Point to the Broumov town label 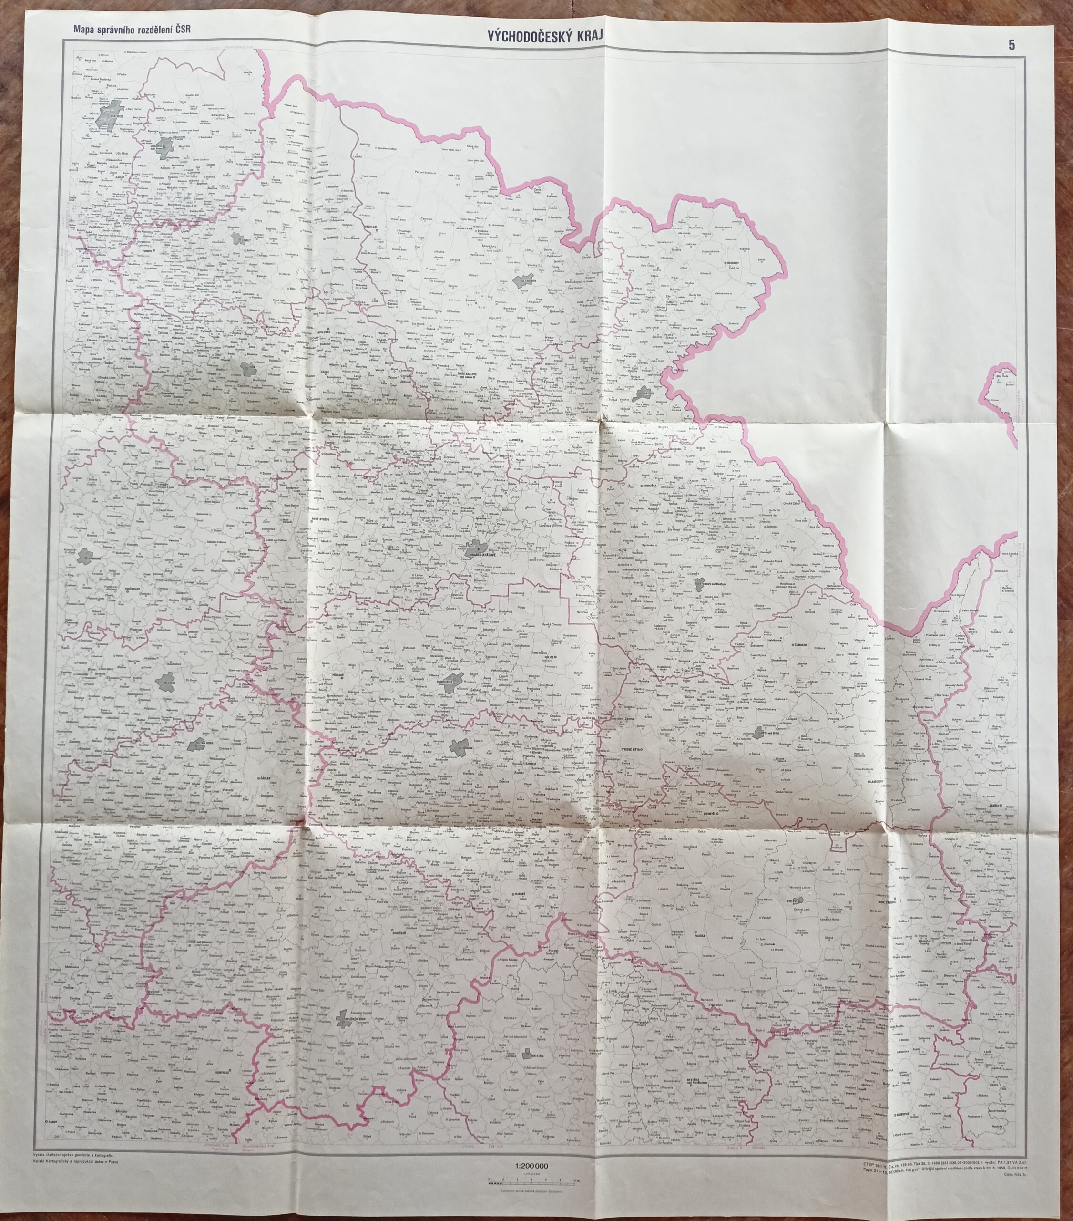733,262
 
